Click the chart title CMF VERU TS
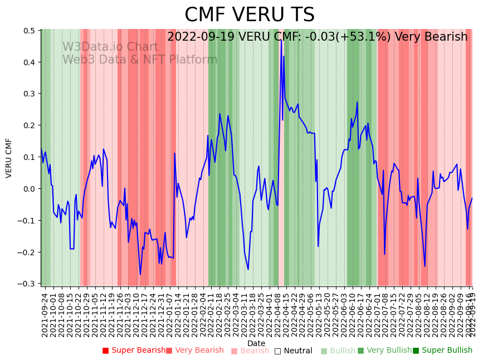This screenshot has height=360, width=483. click(250, 15)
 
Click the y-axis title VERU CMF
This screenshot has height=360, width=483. click(9, 158)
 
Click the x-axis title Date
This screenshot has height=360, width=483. click(256, 343)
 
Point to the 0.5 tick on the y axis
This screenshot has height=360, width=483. click(29, 31)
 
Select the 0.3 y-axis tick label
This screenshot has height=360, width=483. click(29, 94)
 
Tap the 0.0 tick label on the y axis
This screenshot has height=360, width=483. click(29, 189)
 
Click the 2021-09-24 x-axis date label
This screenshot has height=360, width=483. click(45, 315)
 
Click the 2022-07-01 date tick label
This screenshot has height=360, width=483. click(378, 315)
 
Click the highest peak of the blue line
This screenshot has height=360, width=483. click(281, 40)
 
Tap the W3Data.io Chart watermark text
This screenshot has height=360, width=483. click(110, 47)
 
